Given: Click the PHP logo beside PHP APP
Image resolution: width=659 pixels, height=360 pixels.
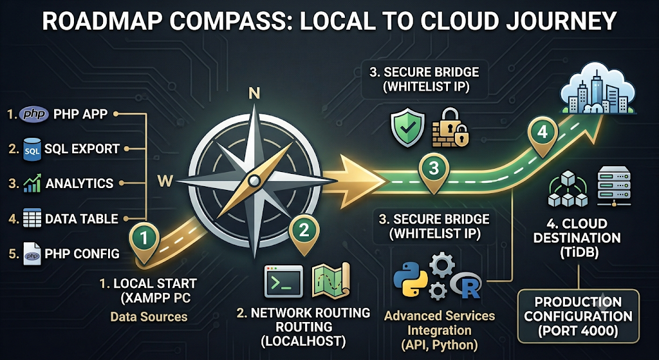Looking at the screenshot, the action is pos(33,114).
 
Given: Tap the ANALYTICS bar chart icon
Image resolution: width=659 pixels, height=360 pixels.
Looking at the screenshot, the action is pos(32,183).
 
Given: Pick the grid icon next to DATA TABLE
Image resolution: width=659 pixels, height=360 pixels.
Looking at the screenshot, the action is pos(32,218).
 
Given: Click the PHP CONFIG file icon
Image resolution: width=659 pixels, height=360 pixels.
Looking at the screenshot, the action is pos(32,254).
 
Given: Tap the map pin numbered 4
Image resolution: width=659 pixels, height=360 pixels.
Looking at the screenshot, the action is pos(542,135).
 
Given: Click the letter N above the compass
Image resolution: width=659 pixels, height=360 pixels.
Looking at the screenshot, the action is pos(254,94).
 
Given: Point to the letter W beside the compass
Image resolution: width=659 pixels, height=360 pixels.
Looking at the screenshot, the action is pos(164,182).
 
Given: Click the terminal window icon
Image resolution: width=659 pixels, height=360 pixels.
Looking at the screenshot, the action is pos(283,281).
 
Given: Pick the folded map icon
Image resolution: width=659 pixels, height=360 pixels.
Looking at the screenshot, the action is pos(331,280).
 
